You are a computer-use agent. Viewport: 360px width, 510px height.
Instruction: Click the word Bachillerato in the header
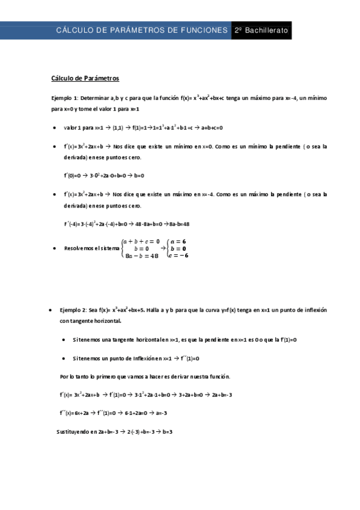click(266, 30)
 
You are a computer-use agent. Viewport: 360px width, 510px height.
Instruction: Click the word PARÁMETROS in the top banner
click(134, 30)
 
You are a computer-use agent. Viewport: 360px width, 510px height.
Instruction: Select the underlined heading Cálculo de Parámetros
click(85, 78)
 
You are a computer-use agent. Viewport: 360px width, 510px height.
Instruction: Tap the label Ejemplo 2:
click(73, 310)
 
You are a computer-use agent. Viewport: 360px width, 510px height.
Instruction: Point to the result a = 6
click(178, 241)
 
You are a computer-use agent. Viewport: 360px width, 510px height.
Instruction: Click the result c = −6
click(178, 256)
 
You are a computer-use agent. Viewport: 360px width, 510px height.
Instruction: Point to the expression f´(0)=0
click(75, 176)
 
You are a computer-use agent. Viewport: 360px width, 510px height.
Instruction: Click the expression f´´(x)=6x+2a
click(74, 413)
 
